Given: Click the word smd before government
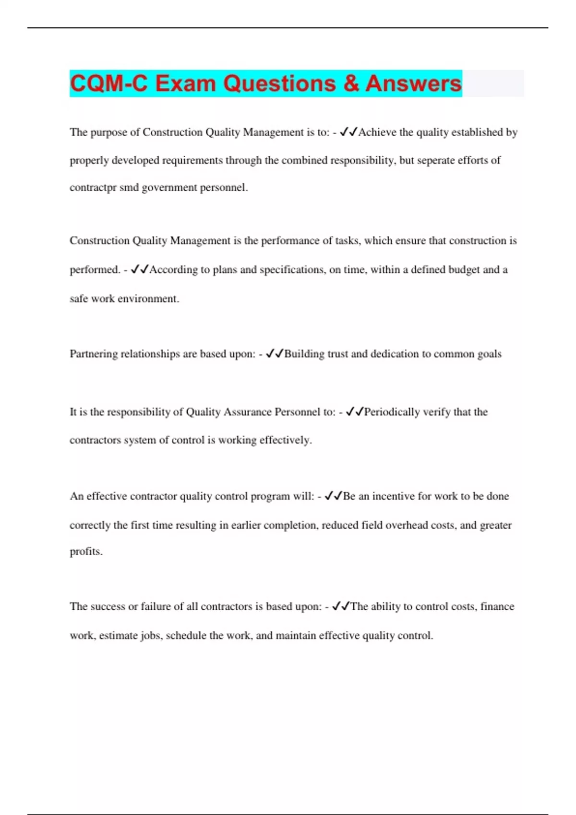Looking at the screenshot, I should click(129, 187).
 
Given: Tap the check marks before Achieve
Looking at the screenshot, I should click(348, 132).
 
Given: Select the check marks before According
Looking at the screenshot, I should click(139, 269).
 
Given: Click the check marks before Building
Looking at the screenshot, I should click(274, 354).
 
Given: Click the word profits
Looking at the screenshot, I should click(86, 551).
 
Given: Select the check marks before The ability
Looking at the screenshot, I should click(340, 606).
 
